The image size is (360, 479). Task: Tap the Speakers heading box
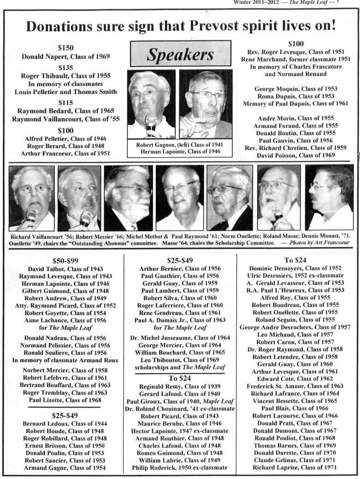pos(180,54)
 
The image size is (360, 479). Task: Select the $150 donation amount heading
pos(66,48)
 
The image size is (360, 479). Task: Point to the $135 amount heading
pos(66,67)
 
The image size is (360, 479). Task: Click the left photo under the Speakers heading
pos(151,104)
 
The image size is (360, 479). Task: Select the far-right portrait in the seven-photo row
pos(329,198)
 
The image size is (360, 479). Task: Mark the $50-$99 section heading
pos(66,261)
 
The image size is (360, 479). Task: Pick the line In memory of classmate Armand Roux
pos(66,360)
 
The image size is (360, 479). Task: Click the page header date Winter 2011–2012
pos(255,2)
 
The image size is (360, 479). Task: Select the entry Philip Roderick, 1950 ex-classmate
pos(180,467)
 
